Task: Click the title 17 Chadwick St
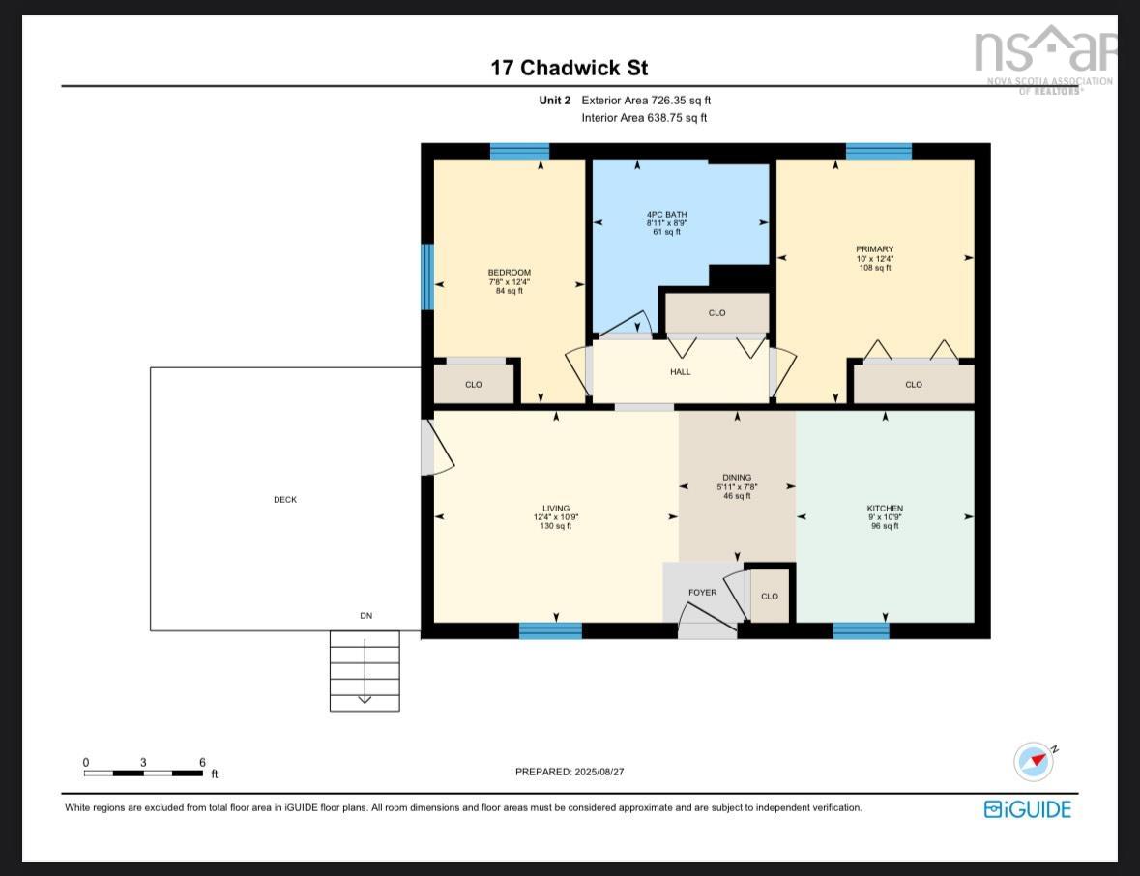coord(569,68)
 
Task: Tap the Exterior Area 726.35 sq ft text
coord(646,101)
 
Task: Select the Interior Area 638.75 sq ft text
coord(644,118)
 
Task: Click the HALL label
coord(681,372)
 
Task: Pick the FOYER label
coord(702,593)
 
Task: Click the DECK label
coord(285,500)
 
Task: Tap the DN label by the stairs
coord(365,616)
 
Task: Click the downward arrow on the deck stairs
coord(365,697)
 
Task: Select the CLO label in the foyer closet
coord(770,597)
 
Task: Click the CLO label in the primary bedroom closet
coord(914,385)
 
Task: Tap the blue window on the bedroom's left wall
coord(426,277)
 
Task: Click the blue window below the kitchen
coord(861,631)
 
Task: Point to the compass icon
coord(1033,762)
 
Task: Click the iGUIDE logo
coord(1028,809)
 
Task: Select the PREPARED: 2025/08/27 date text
coord(576,772)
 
